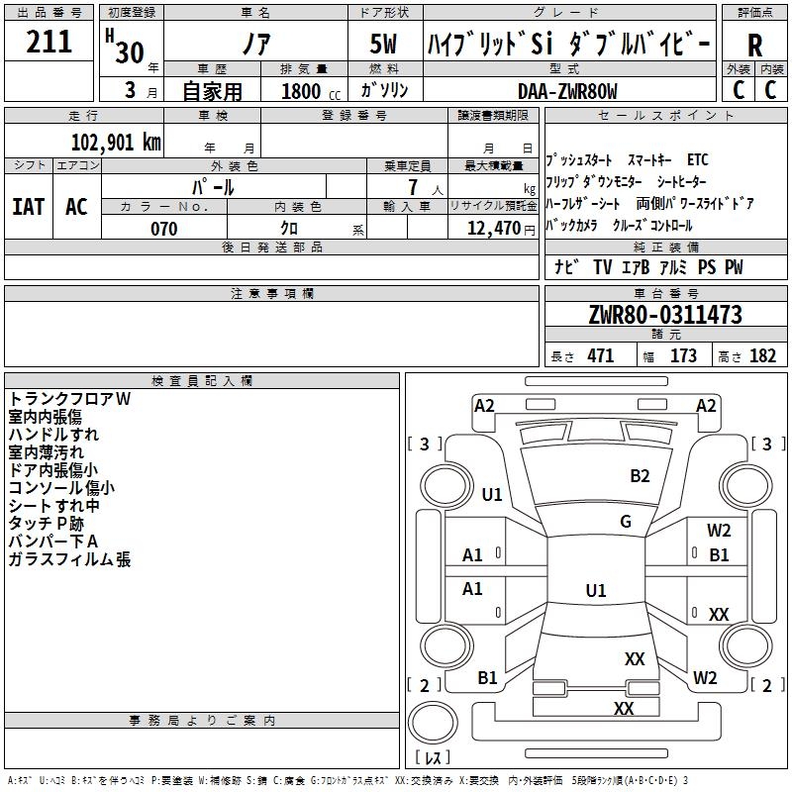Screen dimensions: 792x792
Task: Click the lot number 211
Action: (x=49, y=42)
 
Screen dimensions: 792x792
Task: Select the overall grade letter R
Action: (x=754, y=46)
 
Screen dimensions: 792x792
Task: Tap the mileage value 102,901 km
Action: (x=116, y=143)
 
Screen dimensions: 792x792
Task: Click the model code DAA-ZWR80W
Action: (x=567, y=91)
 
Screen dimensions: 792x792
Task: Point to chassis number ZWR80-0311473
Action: (x=665, y=315)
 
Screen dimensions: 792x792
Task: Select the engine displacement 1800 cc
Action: (x=311, y=91)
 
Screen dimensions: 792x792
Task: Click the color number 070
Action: (x=164, y=229)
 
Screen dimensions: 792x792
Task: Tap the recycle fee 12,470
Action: (x=493, y=229)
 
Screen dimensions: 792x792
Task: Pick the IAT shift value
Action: (x=28, y=207)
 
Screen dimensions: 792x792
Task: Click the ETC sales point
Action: (x=698, y=159)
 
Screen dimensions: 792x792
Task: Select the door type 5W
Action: (x=383, y=44)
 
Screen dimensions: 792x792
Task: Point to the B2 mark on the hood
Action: (x=640, y=476)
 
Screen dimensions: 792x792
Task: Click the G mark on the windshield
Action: (x=626, y=521)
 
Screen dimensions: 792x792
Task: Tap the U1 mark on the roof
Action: (x=596, y=590)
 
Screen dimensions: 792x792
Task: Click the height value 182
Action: (x=762, y=356)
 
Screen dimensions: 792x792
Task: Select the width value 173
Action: (x=683, y=356)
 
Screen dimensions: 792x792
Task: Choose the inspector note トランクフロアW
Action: (x=69, y=399)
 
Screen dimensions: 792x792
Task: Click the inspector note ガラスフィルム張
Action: (x=69, y=559)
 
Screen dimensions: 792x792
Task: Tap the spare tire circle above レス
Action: (x=433, y=723)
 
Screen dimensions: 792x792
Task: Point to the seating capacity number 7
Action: (x=413, y=187)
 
